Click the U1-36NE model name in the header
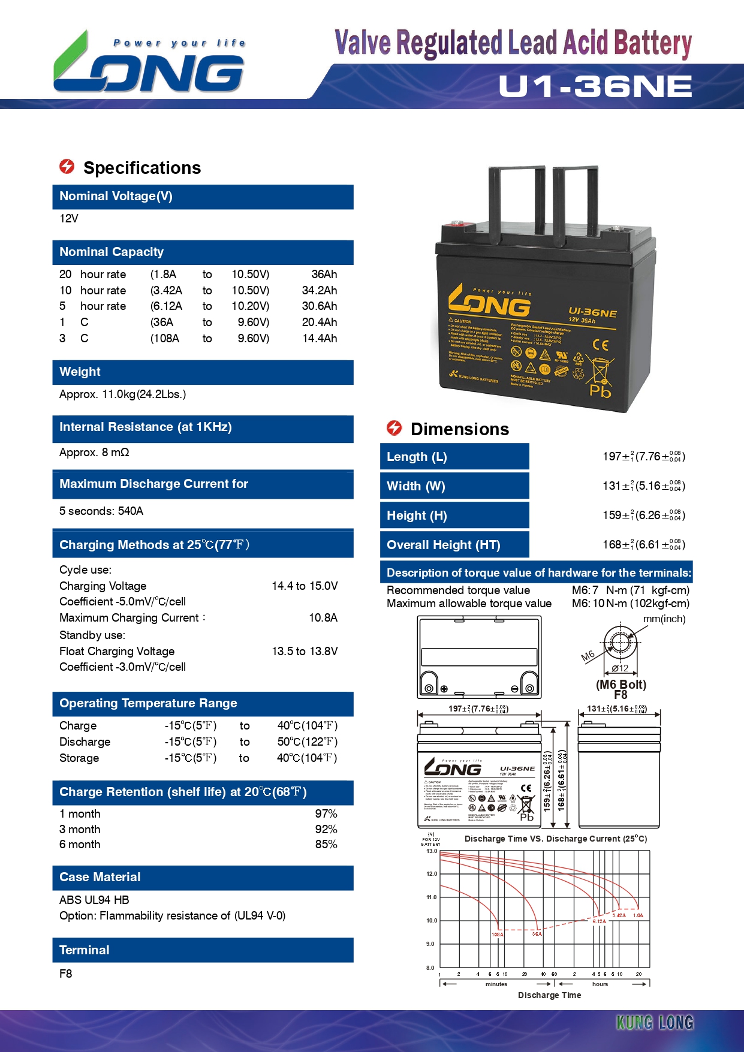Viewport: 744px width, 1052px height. [595, 86]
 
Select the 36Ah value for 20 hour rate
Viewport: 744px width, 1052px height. [324, 275]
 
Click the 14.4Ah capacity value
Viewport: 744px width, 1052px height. [320, 339]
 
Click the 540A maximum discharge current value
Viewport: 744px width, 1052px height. [130, 511]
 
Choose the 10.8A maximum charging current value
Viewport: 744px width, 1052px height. [323, 618]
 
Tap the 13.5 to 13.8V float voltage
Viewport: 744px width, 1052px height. [305, 652]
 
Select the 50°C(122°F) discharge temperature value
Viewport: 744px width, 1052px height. [307, 742]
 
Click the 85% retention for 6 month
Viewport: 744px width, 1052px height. [326, 845]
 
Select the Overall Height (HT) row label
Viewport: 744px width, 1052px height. [443, 545]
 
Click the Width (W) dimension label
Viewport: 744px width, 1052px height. [415, 486]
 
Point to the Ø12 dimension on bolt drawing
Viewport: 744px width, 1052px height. [620, 668]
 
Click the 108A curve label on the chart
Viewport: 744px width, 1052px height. [498, 935]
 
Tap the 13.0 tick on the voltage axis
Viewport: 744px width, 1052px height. [432, 851]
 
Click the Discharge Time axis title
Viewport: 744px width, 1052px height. [549, 995]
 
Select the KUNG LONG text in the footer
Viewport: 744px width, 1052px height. [655, 1023]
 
